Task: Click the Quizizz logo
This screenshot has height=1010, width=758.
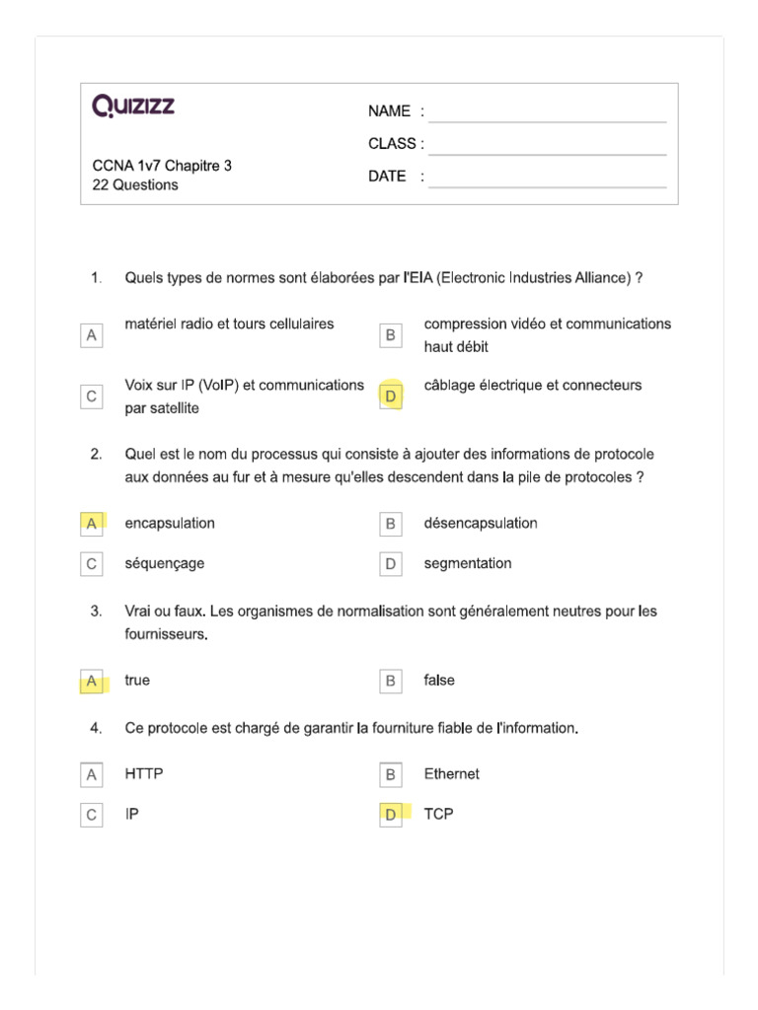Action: (133, 107)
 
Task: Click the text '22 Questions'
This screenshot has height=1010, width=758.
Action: (135, 185)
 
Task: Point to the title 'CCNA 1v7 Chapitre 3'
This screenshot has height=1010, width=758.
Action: (162, 166)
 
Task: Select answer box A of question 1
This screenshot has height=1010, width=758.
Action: (92, 335)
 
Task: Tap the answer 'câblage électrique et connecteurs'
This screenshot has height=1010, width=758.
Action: (532, 386)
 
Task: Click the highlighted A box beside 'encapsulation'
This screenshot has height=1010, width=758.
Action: (92, 524)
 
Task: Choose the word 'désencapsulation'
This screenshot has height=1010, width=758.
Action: (481, 524)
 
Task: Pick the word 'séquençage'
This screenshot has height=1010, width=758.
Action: (165, 564)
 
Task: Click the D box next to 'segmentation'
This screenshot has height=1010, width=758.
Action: (391, 564)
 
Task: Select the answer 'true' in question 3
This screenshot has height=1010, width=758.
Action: (138, 681)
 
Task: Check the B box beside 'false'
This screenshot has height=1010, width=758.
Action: (391, 681)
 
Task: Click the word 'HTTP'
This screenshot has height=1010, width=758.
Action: (144, 774)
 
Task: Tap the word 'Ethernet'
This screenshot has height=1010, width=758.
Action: (451, 774)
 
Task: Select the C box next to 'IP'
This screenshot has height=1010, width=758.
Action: (92, 815)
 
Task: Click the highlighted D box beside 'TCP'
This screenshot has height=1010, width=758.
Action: (391, 815)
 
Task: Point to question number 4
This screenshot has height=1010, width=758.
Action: (96, 729)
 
